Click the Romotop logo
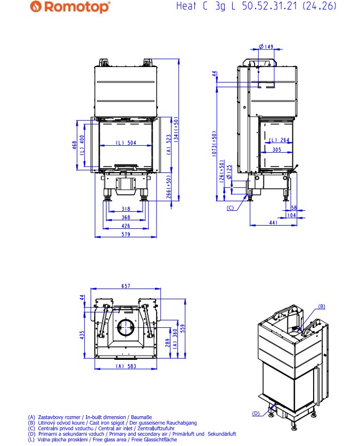click(70, 6)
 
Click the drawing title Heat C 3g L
click(206, 6)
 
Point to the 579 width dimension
click(126, 234)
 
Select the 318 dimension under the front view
click(126, 209)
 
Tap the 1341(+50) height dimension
click(176, 130)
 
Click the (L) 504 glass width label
click(126, 143)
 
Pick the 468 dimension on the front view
click(74, 145)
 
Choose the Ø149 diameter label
click(266, 46)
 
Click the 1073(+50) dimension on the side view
click(214, 143)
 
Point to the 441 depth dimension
click(273, 222)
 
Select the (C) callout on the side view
click(230, 208)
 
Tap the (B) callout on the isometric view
click(322, 307)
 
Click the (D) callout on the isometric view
click(256, 414)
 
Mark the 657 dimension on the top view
click(126, 286)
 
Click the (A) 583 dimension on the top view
click(126, 366)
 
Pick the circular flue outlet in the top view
click(126, 328)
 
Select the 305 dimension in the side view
click(276, 150)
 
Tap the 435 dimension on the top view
click(82, 335)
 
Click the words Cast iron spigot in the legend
click(107, 423)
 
